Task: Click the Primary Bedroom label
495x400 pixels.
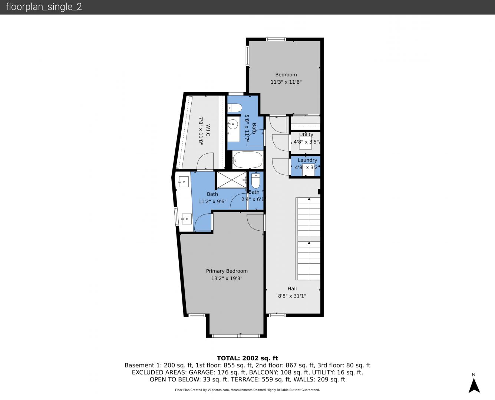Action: click(x=227, y=271)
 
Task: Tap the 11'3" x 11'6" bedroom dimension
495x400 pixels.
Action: click(x=286, y=82)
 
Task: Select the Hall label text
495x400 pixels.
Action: click(x=292, y=289)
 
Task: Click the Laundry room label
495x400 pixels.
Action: click(x=307, y=160)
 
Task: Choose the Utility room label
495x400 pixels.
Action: click(x=306, y=134)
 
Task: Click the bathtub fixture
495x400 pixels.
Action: click(x=248, y=160)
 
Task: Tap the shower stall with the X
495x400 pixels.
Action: click(x=232, y=180)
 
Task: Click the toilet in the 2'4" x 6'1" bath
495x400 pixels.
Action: click(x=255, y=181)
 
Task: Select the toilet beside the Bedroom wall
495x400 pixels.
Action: click(x=235, y=108)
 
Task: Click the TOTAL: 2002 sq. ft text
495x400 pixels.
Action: click(x=247, y=358)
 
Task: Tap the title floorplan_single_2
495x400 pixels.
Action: click(x=44, y=7)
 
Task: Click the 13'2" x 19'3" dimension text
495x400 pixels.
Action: click(x=227, y=279)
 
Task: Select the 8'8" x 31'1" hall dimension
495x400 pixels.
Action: click(x=292, y=296)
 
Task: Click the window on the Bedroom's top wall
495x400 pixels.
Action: click(x=276, y=39)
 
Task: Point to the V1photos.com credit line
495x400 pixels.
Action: click(x=247, y=390)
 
